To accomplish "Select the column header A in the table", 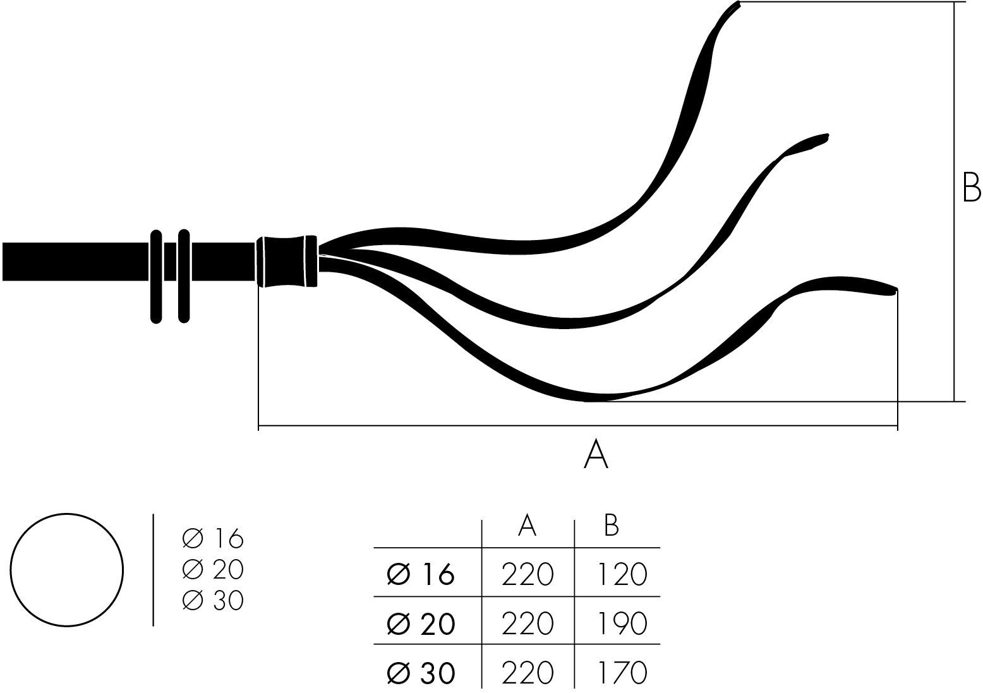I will [x=527, y=525].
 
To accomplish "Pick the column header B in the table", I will [x=611, y=525].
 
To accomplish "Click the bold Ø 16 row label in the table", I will [x=421, y=575].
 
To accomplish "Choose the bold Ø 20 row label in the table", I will [x=421, y=624].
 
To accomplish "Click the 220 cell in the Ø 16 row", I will [x=528, y=575].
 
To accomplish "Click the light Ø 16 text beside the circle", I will [x=212, y=539].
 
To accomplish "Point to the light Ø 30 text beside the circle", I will [x=212, y=600].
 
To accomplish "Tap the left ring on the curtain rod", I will [x=156, y=276].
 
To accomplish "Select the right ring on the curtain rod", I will [x=184, y=276].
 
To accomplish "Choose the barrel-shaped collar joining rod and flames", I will [x=287, y=261].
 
